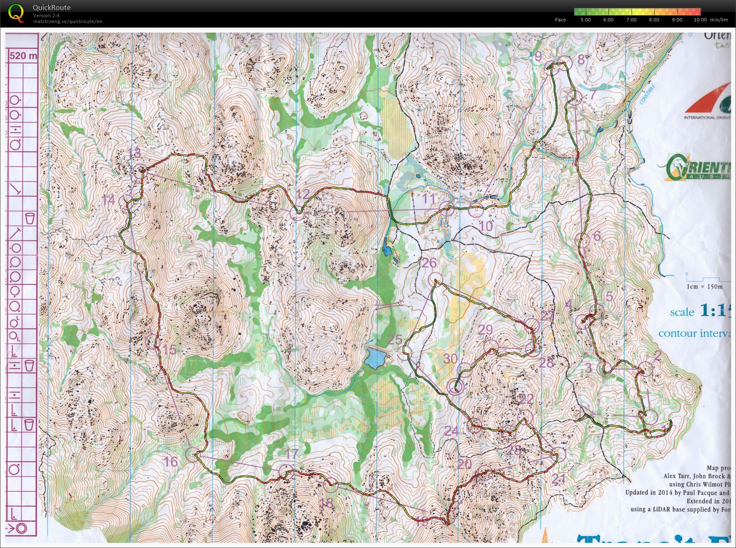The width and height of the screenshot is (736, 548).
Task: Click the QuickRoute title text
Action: click(x=52, y=8)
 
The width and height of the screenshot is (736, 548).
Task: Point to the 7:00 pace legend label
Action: click(x=631, y=20)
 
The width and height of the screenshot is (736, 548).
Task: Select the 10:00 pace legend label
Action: click(x=700, y=20)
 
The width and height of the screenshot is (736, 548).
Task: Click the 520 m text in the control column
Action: click(x=23, y=56)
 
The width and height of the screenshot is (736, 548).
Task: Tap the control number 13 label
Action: click(x=135, y=153)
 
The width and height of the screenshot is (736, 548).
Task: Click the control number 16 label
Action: click(x=171, y=462)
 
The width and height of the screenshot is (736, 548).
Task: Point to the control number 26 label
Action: click(x=429, y=263)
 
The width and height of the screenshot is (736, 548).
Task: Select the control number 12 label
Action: click(x=303, y=194)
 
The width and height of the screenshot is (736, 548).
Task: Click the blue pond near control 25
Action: click(x=376, y=358)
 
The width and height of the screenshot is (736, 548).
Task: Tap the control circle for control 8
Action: click(x=565, y=63)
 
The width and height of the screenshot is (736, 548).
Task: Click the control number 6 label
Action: click(x=597, y=236)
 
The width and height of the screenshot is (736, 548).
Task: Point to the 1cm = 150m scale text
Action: click(x=705, y=287)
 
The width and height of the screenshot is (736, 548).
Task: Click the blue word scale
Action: click(x=682, y=312)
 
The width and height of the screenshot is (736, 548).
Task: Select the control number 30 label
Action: click(x=450, y=358)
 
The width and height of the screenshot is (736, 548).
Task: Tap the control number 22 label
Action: click(x=526, y=399)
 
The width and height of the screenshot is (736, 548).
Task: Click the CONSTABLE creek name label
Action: click(x=648, y=94)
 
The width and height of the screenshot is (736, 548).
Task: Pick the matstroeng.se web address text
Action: click(x=68, y=21)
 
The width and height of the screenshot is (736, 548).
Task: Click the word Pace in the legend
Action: click(x=560, y=20)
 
